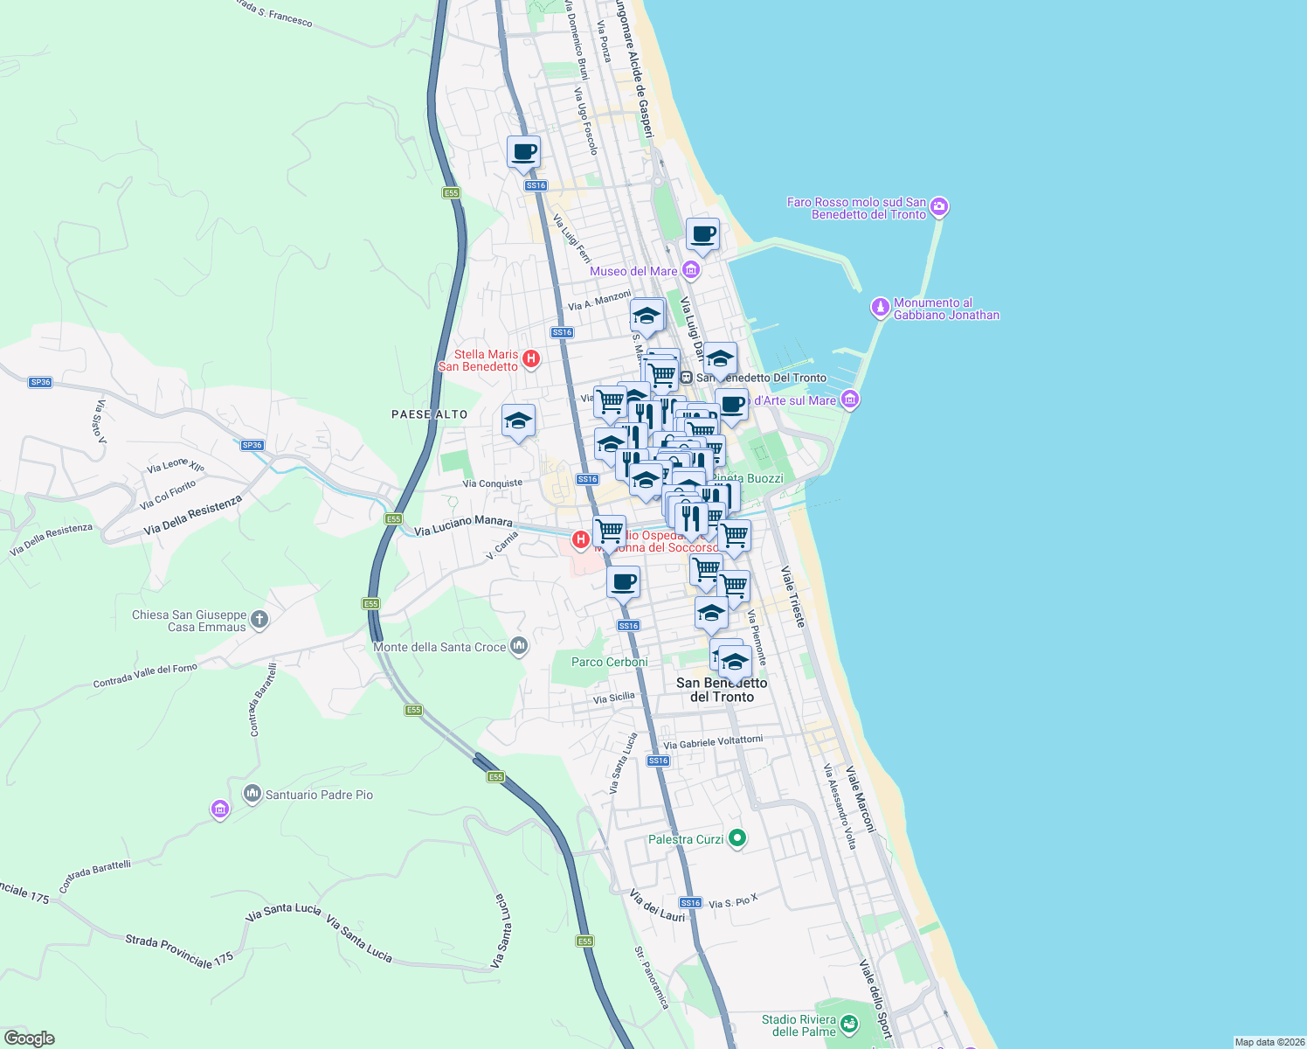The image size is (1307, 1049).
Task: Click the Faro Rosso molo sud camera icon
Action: [x=939, y=207]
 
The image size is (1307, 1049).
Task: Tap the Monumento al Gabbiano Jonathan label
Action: [x=945, y=309]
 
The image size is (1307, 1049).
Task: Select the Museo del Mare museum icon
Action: [x=691, y=270]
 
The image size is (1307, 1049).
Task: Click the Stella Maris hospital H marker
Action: [x=530, y=358]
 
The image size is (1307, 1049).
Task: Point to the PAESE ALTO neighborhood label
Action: [x=429, y=414]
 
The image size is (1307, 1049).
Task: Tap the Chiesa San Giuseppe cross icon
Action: [x=259, y=620]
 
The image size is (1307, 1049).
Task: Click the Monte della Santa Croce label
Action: [x=439, y=647]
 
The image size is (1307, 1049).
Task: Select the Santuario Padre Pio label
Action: [x=319, y=795]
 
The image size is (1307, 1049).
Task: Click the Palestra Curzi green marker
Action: [x=737, y=838]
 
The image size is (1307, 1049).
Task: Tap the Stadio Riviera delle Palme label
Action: [x=799, y=1025]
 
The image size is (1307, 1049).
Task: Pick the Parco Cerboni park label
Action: [x=609, y=662]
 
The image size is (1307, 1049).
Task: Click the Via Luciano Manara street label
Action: [x=463, y=525]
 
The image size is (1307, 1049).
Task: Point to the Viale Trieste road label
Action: [x=793, y=597]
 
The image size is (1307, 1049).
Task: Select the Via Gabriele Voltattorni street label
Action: [x=713, y=742]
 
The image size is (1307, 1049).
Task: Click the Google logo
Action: [x=30, y=1039]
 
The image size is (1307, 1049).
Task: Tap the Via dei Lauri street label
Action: [x=657, y=906]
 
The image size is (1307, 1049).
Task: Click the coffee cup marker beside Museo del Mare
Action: [x=702, y=234]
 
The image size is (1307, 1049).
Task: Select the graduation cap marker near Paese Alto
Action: [x=518, y=420]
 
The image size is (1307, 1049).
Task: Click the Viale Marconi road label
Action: [x=859, y=800]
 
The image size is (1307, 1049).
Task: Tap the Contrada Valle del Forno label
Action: [x=145, y=676]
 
